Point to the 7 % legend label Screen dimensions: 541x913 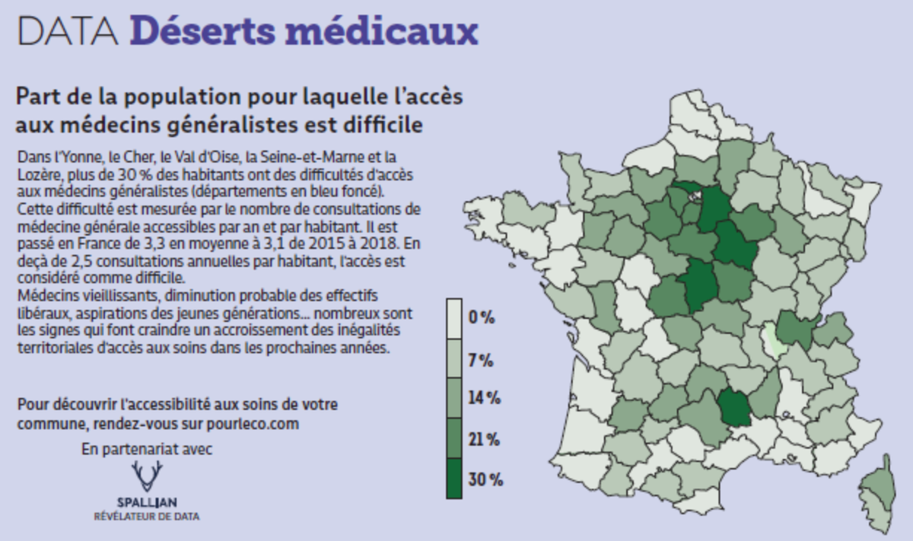click(x=481, y=359)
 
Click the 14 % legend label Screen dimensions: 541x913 click(x=484, y=398)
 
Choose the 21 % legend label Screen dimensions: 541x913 click(x=484, y=439)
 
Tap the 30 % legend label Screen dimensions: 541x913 click(x=485, y=479)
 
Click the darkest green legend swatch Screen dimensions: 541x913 click(x=454, y=479)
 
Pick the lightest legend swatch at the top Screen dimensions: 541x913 click(x=454, y=318)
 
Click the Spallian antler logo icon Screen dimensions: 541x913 click(x=147, y=476)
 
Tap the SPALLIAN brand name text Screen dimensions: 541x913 click(x=147, y=502)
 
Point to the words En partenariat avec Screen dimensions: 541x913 click(x=147, y=449)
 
